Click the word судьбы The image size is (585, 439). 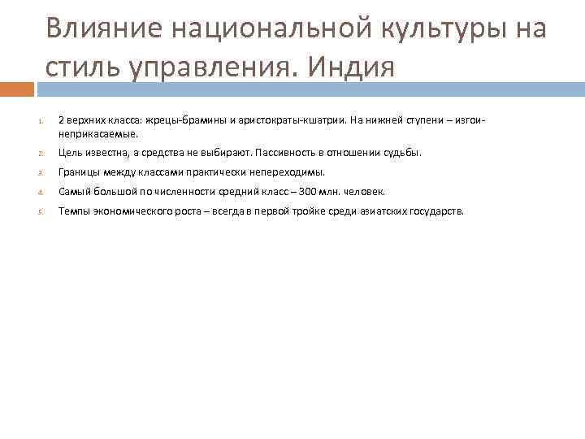(403, 152)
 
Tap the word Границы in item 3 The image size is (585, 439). (78, 172)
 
